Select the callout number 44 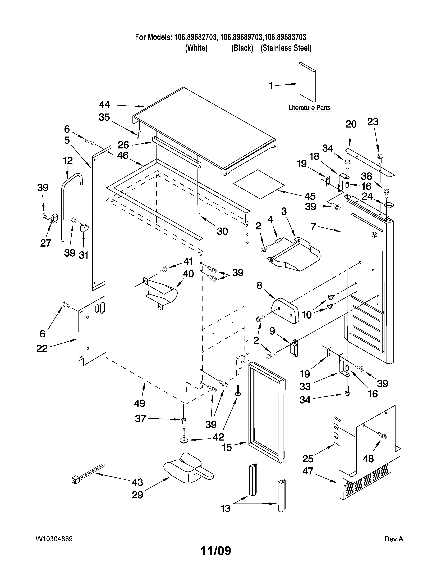(x=104, y=105)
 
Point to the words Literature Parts (x=309, y=108)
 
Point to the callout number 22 (x=42, y=348)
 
